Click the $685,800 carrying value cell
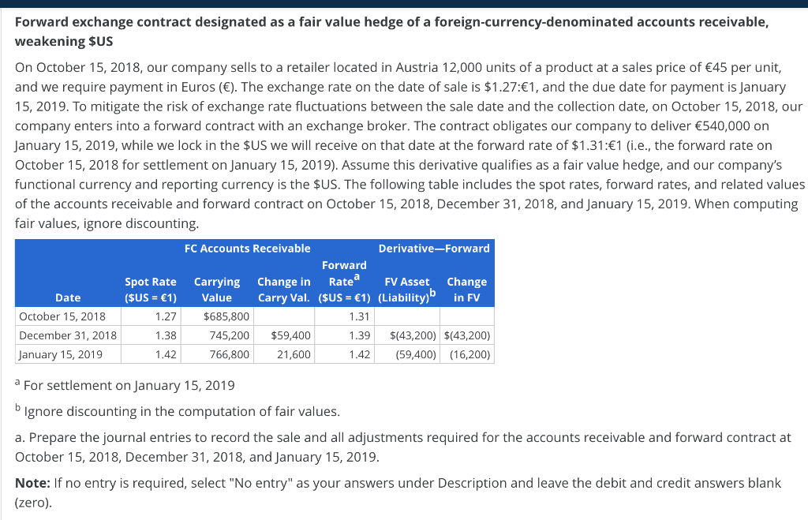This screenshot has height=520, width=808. [226, 316]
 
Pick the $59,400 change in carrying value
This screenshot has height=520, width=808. [290, 335]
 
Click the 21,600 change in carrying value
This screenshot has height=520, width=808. [294, 354]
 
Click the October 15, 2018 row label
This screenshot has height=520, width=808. [62, 316]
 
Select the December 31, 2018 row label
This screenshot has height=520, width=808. [68, 335]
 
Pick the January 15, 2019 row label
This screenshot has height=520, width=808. [61, 354]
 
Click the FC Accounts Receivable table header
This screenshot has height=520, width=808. [247, 249]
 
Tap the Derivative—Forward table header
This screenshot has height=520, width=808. [434, 249]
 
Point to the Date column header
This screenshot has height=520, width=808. [68, 297]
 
